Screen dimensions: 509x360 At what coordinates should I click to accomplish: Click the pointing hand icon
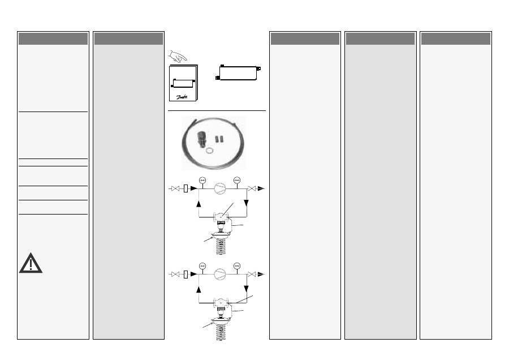click(178, 56)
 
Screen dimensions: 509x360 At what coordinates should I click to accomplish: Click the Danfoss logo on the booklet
click(182, 97)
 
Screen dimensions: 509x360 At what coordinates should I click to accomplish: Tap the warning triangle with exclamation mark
click(31, 263)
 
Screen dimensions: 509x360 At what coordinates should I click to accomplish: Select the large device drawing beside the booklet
click(238, 72)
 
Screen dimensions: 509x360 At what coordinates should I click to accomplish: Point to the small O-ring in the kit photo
click(209, 151)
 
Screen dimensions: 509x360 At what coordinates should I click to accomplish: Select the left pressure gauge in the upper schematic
click(202, 181)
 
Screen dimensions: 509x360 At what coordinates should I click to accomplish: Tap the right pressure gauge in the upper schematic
click(237, 181)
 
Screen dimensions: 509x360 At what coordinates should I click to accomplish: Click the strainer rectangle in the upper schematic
click(186, 189)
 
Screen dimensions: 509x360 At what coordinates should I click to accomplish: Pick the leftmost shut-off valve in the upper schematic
click(175, 189)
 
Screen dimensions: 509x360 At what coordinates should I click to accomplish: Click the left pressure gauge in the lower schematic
click(202, 265)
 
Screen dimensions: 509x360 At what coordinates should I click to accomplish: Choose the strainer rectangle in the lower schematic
click(186, 274)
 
